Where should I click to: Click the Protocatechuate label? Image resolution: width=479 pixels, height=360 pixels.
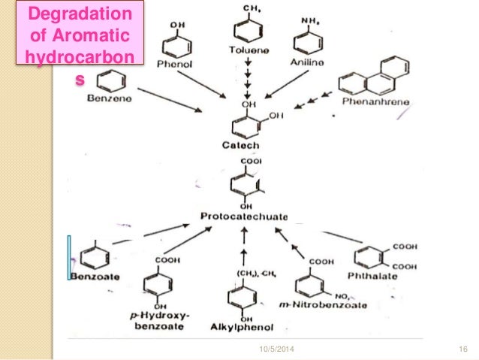(244, 216)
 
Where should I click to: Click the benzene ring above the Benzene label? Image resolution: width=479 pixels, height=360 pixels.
(109, 80)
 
